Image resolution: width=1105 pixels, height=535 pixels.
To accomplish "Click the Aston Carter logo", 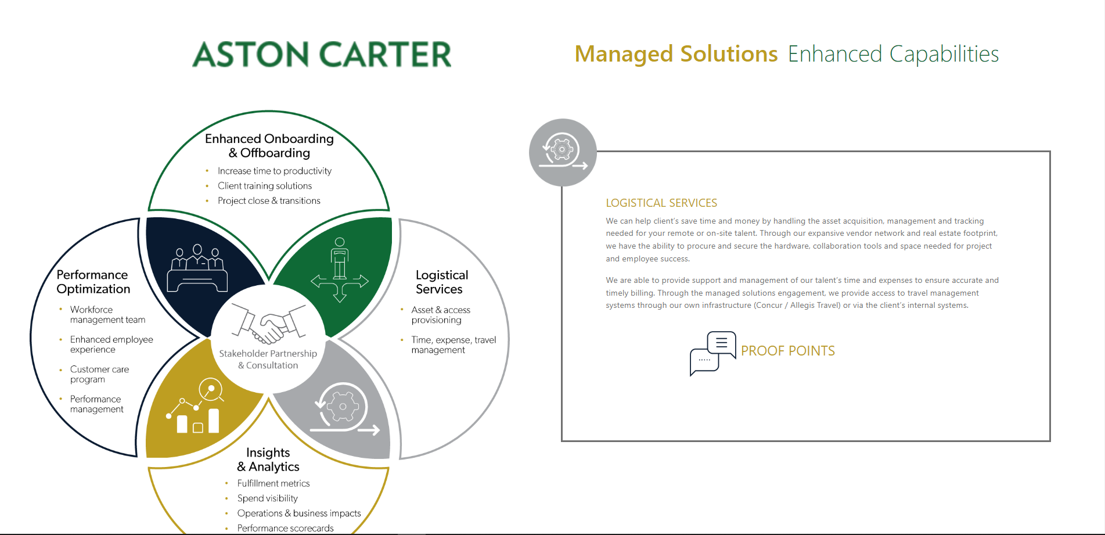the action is point(322,54).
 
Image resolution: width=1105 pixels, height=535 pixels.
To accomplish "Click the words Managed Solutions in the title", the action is point(676,54).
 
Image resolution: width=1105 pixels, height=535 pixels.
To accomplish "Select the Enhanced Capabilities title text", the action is point(893,54).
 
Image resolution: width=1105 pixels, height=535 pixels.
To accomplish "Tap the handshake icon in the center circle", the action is point(269,324).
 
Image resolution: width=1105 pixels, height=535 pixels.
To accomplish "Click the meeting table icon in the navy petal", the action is point(197,268).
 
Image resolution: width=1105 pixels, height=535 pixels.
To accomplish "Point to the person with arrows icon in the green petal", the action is point(340,270).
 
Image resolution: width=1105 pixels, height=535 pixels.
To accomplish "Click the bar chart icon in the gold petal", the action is point(195,406).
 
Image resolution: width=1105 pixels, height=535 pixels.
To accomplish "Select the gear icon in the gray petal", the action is point(344,409).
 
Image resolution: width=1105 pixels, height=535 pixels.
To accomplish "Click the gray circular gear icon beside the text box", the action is point(563,153).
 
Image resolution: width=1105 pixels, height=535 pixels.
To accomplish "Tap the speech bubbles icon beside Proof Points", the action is point(713,353).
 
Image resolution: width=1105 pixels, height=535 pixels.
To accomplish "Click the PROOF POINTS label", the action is point(788,351).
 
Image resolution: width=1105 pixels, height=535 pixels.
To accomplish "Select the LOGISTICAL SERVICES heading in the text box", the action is point(661,203).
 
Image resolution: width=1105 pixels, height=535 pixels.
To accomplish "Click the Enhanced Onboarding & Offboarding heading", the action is point(269,146).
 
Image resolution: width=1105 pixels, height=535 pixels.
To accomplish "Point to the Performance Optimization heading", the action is point(93,282).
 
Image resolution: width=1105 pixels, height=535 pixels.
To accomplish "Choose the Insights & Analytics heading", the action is point(268,459).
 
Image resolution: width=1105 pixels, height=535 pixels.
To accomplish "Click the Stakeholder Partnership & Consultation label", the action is point(268,359).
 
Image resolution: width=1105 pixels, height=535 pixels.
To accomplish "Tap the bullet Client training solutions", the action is point(265,186).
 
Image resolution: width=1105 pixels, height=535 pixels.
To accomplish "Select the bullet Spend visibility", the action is point(268,498).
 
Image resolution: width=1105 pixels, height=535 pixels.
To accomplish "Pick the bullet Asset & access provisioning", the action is point(441,315).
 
